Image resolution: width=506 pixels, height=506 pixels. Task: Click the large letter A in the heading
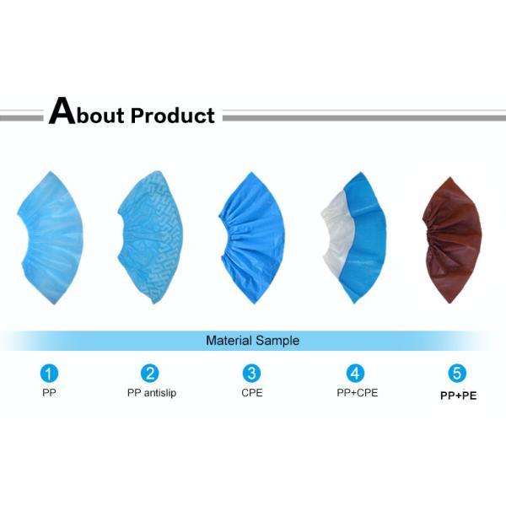(62, 112)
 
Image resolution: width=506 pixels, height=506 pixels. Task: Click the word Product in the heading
(173, 116)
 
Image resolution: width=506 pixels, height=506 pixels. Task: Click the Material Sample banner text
(252, 341)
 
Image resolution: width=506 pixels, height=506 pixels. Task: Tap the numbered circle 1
(51, 373)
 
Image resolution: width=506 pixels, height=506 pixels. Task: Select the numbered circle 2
(150, 373)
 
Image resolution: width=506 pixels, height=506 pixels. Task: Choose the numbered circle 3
(251, 373)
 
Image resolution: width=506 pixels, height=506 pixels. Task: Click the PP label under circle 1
(50, 393)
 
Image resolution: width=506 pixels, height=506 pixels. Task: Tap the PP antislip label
(152, 393)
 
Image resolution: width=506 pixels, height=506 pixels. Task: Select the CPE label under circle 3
(251, 393)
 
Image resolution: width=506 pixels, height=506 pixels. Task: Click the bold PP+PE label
(458, 394)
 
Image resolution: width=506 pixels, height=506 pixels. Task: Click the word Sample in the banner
(277, 341)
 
